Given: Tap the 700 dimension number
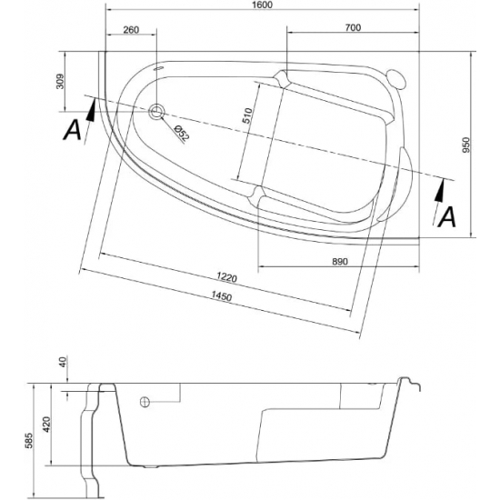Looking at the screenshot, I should coord(354,28).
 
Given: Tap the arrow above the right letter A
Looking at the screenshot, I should coord(440,188).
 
